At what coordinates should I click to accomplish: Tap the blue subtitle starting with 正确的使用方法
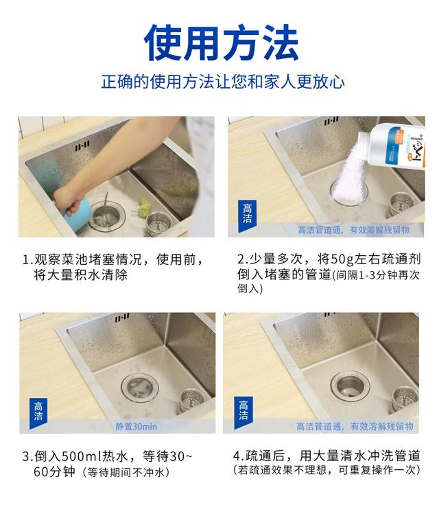[219, 82]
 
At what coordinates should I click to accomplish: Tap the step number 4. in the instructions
[238, 456]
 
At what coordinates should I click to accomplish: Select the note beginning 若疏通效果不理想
[327, 471]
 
